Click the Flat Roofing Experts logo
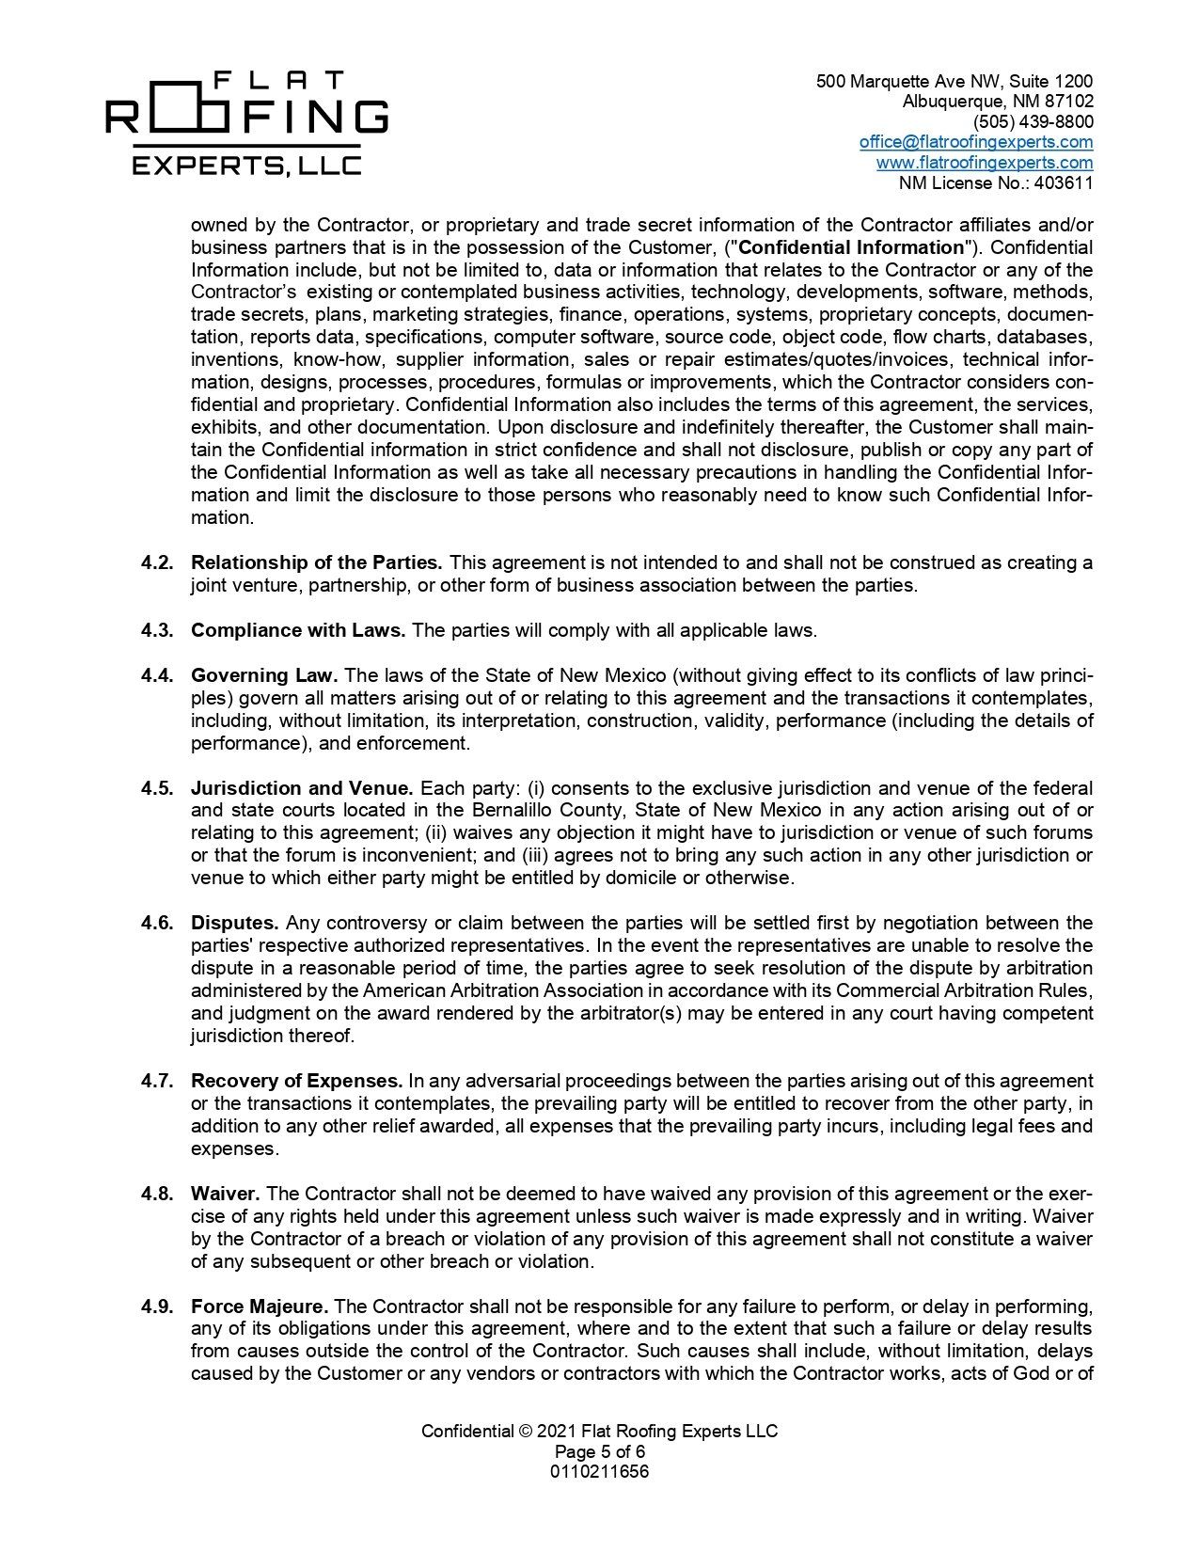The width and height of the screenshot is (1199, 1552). (246, 123)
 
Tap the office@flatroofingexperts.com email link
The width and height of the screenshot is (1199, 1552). (975, 142)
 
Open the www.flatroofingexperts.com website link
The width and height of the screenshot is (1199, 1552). (984, 163)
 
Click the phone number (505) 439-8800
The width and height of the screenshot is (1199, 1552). (1033, 122)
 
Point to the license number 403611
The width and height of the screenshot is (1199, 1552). (1064, 183)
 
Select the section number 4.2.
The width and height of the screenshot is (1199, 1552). (157, 563)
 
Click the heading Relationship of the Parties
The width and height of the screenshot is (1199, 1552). (316, 563)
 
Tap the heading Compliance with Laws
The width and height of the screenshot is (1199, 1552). (298, 631)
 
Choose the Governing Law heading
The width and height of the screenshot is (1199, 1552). (264, 676)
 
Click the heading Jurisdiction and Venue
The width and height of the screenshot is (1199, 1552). (302, 788)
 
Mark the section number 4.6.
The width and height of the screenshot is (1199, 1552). (157, 924)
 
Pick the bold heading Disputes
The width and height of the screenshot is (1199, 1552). (234, 924)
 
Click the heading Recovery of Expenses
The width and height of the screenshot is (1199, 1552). (296, 1082)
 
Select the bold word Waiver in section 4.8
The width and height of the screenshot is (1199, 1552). (225, 1195)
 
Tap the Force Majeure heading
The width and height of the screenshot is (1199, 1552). (260, 1307)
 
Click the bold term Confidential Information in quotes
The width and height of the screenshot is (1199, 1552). (854, 248)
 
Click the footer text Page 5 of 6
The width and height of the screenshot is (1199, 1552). (599, 1452)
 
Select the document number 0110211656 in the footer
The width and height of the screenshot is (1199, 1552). (599, 1472)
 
